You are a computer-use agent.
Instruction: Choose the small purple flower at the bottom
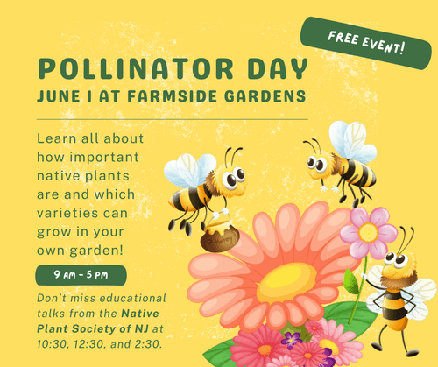point(291,338)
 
